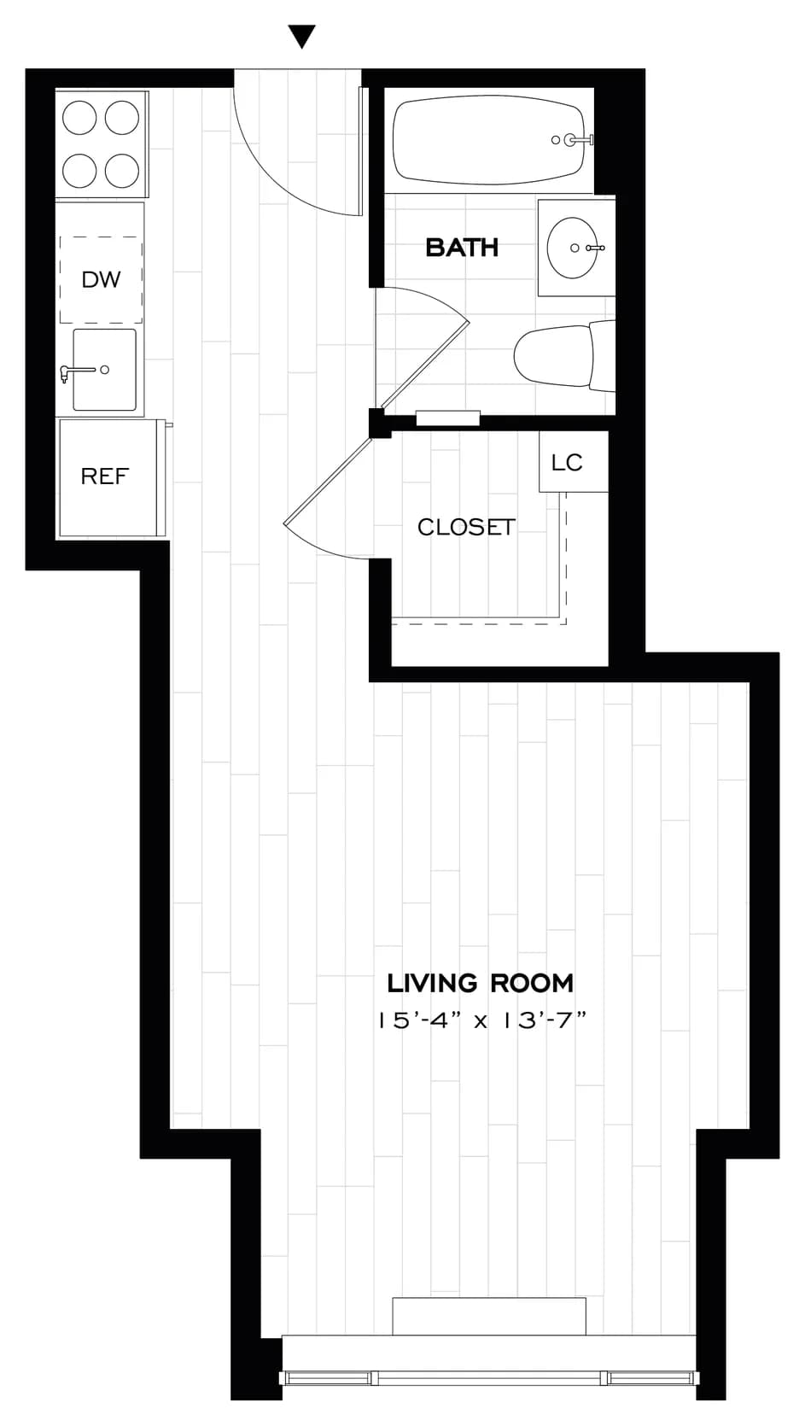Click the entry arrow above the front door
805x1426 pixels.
pos(302,37)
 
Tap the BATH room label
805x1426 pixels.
pos(462,248)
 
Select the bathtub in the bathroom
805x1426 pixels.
pos(487,141)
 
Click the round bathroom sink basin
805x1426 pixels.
pos(572,248)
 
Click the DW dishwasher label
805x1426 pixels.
pos(101,279)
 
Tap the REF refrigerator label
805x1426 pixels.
pos(105,476)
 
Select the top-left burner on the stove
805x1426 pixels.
pos(79,118)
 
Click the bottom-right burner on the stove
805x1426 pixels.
pos(122,171)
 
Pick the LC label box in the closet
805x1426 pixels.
pos(567,462)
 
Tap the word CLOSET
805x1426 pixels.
pos(466,528)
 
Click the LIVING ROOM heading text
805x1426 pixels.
pos(481,983)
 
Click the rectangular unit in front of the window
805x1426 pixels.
pos(488,1316)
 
